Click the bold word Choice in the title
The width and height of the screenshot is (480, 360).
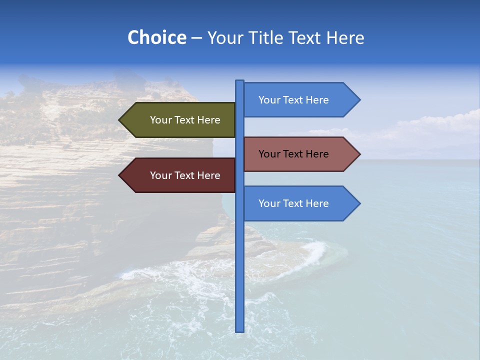(156, 38)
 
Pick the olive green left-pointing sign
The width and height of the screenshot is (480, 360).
(180, 120)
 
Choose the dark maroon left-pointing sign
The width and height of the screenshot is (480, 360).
(180, 175)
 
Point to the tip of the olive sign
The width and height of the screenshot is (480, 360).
(120, 120)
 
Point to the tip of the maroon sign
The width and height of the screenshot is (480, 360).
(120, 175)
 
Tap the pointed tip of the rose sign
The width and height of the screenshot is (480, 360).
(359, 154)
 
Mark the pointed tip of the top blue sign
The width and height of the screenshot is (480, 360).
(359, 100)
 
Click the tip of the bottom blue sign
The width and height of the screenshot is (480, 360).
(359, 203)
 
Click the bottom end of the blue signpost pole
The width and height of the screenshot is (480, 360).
(239, 330)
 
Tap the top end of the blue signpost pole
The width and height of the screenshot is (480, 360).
(239, 81)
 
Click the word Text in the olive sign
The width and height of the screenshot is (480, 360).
(185, 120)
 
